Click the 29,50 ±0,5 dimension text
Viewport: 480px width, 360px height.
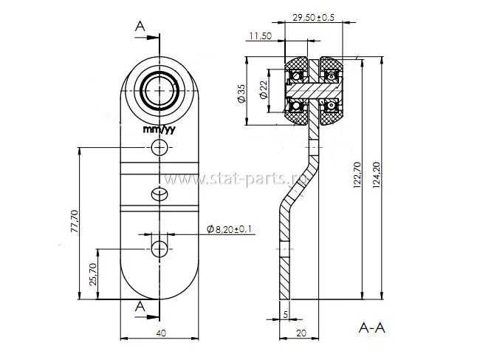tap(313, 18)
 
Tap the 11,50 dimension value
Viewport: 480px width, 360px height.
tap(261, 35)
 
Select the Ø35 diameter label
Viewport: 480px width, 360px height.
tap(241, 93)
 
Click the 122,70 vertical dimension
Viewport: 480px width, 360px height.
tap(357, 174)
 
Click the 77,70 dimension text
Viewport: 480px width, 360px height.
tap(75, 221)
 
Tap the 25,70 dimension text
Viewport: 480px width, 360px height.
tap(93, 274)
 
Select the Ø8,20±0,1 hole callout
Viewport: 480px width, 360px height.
tap(230, 229)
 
